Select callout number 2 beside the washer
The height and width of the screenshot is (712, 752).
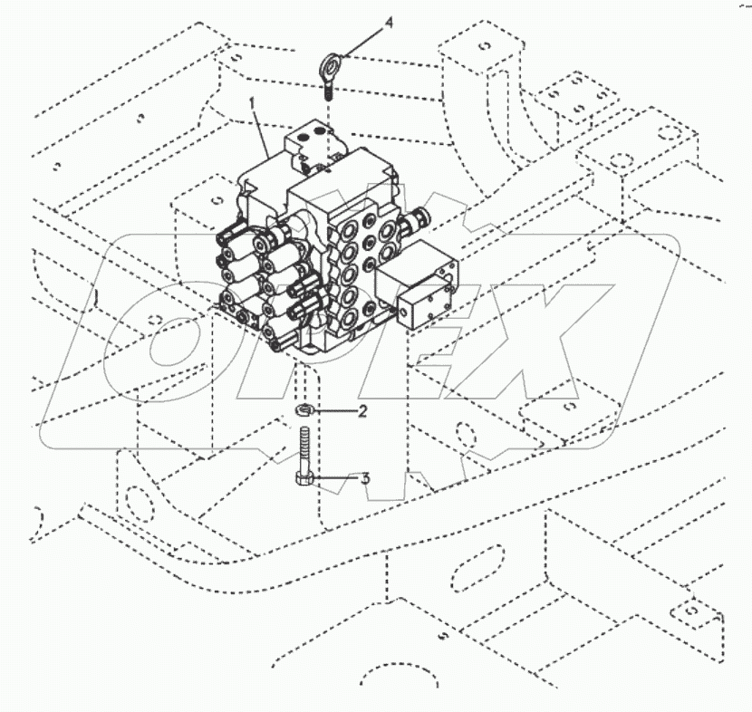(362, 412)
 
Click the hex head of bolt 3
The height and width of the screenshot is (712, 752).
(305, 479)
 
